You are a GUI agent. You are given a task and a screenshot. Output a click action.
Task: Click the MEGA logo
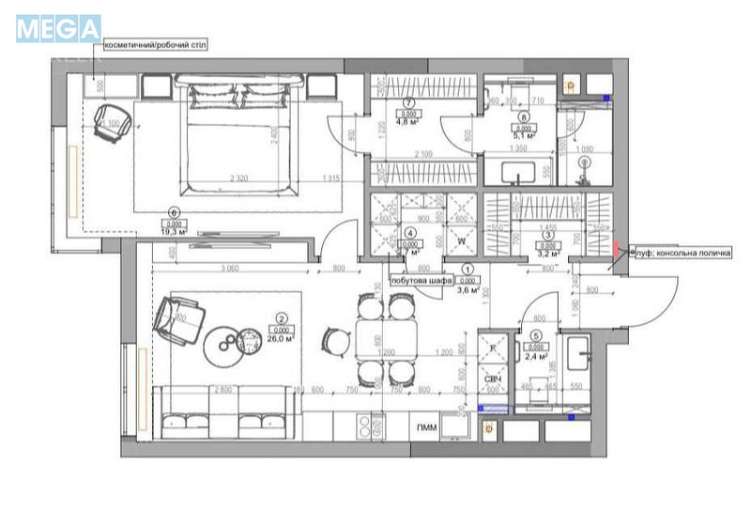point(58,27)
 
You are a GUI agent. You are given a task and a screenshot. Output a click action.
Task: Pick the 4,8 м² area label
point(407,121)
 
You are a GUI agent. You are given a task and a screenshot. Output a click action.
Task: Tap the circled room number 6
point(174,212)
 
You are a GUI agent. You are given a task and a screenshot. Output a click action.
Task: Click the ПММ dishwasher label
point(424,427)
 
